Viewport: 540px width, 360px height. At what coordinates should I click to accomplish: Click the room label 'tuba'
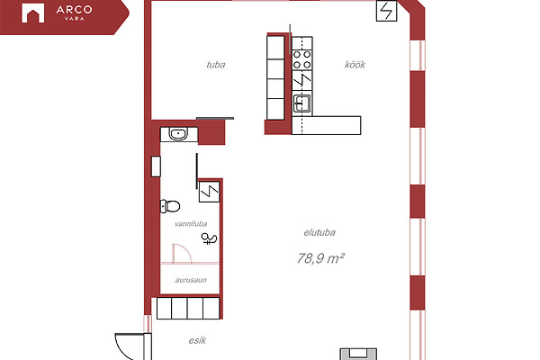point(216,65)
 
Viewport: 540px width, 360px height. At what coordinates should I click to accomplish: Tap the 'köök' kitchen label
point(355,65)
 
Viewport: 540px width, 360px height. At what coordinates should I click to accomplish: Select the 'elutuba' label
point(319,232)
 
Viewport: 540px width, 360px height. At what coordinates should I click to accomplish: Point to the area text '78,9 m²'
point(321,258)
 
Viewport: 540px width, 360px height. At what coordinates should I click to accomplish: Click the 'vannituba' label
point(191,224)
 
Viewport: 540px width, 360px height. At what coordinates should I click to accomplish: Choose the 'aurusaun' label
point(191,280)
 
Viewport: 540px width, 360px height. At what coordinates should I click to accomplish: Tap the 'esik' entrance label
point(197,340)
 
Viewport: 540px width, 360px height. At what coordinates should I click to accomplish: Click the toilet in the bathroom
point(170,206)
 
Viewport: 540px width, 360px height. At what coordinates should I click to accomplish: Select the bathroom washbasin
point(179,134)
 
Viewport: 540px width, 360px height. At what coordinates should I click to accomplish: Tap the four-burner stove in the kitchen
point(302,59)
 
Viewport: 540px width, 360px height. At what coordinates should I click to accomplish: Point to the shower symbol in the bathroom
point(209,238)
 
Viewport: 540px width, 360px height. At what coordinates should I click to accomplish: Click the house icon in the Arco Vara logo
point(33,13)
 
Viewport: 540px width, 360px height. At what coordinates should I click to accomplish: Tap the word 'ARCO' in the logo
point(74,9)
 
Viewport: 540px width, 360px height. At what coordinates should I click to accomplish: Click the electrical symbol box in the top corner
point(386,11)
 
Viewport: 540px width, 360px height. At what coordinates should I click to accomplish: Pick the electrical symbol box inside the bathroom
point(210,192)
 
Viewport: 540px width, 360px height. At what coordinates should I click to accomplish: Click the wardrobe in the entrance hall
point(188,308)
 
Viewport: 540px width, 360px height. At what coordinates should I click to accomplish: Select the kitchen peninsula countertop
point(326,125)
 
